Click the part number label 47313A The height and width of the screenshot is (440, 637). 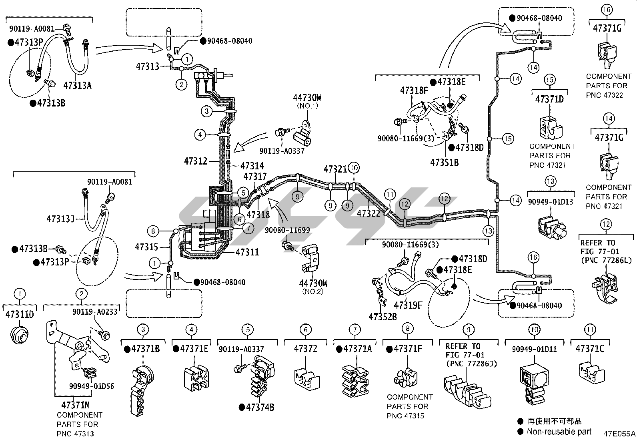[x=78, y=85]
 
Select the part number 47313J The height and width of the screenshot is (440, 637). [x=60, y=219]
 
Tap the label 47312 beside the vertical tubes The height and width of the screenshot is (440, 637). [x=196, y=161]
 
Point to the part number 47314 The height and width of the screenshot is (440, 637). [x=252, y=166]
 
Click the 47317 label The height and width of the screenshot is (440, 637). [x=255, y=176]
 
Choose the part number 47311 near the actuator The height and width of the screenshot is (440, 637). [x=247, y=252]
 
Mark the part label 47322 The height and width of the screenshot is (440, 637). [x=369, y=214]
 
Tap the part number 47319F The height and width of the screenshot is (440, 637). [x=408, y=305]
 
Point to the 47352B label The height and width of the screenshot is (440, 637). [x=383, y=317]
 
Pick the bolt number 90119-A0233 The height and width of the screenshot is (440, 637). [x=95, y=311]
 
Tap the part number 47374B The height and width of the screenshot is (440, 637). [x=260, y=407]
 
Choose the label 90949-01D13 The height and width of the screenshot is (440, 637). [x=551, y=202]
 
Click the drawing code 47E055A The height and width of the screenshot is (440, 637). [x=619, y=434]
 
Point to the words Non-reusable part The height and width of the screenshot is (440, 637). [x=559, y=432]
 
